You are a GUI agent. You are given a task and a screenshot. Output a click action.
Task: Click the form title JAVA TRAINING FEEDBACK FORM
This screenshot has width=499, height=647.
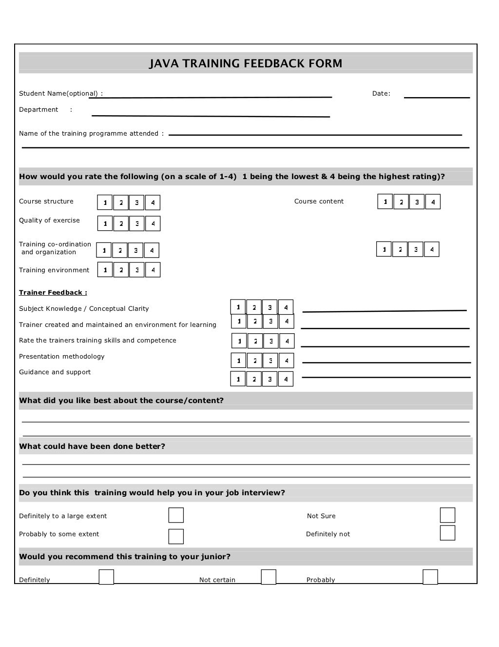[246, 63]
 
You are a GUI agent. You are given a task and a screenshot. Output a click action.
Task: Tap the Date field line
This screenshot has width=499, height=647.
[437, 97]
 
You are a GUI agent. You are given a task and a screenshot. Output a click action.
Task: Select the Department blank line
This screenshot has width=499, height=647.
[211, 116]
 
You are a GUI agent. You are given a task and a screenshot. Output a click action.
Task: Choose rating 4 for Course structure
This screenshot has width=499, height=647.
[153, 202]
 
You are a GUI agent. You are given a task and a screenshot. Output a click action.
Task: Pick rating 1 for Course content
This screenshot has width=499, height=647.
[385, 202]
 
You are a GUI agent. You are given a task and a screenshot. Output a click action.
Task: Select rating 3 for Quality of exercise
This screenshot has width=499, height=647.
[137, 223]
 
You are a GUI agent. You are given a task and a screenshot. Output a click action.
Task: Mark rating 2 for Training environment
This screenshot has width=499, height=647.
[121, 270]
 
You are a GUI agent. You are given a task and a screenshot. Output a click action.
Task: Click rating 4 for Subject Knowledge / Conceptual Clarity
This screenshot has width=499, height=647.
[286, 307]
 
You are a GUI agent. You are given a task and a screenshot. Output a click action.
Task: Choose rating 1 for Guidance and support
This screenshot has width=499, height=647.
[238, 379]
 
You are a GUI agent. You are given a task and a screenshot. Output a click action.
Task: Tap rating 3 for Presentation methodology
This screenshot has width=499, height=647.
[270, 361]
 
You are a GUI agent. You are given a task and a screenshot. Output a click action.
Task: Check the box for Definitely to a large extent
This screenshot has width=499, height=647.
[176, 515]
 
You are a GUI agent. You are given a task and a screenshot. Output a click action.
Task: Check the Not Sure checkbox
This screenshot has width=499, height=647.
[447, 515]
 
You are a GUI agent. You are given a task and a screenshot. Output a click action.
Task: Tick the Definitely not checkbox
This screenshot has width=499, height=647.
[447, 533]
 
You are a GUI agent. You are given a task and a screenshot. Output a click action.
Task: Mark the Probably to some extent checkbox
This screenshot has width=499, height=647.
[176, 536]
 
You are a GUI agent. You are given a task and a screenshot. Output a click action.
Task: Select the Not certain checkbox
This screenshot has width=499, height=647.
[269, 577]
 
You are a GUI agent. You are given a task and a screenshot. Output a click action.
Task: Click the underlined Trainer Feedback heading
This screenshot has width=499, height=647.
[53, 293]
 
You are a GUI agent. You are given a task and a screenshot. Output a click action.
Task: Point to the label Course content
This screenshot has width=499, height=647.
[319, 202]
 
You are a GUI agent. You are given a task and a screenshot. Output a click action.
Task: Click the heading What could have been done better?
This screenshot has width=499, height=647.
[92, 446]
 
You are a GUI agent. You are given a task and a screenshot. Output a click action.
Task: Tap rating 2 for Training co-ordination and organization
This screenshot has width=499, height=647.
[120, 250]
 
